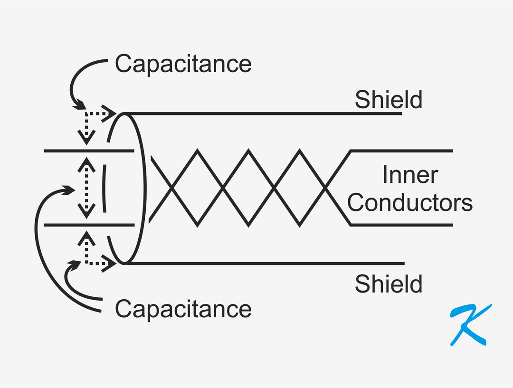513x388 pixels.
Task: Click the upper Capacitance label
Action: coord(183,64)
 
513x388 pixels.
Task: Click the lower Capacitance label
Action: coord(183,309)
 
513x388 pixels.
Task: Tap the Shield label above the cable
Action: coord(388,100)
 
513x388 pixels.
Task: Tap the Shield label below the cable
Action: coord(388,284)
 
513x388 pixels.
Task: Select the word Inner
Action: coord(409,175)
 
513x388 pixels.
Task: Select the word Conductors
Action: coord(409,202)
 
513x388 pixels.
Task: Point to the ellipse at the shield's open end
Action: coord(144,188)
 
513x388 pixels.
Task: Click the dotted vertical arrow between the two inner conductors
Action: coord(85,188)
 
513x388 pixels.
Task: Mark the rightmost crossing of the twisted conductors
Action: coord(325,188)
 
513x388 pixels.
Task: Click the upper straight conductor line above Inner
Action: coord(404,151)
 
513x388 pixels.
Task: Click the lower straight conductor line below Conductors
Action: coord(404,225)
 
